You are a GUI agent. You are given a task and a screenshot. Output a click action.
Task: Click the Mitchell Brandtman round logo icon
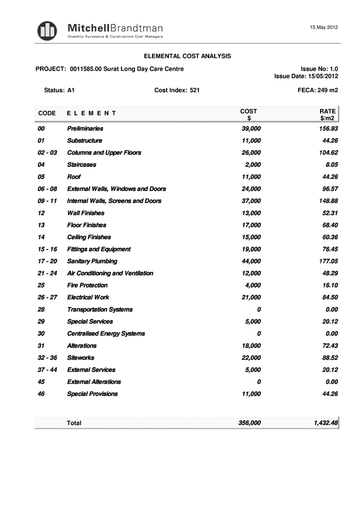[47, 30]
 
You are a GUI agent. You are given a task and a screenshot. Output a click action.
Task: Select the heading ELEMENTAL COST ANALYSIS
[187, 56]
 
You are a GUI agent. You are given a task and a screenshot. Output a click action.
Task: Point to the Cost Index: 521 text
[177, 91]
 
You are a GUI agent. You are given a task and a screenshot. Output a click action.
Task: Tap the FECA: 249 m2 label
[317, 91]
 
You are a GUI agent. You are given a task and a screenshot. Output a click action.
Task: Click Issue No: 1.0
[319, 69]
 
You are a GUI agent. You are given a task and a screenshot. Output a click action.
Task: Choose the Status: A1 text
[59, 91]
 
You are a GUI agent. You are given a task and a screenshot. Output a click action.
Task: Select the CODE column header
[47, 113]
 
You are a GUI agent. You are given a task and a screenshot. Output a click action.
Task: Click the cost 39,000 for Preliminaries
[251, 129]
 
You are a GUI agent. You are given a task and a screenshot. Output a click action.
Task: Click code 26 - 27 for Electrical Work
[47, 297]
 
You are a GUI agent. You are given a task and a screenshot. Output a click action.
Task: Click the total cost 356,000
[249, 423]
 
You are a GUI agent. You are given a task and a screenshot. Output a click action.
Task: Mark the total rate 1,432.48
[325, 423]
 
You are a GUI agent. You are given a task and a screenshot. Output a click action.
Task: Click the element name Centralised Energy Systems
[106, 334]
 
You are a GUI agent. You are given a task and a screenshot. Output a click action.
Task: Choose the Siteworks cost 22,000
[251, 358]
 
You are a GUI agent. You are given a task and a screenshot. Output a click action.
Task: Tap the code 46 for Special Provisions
[42, 394]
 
